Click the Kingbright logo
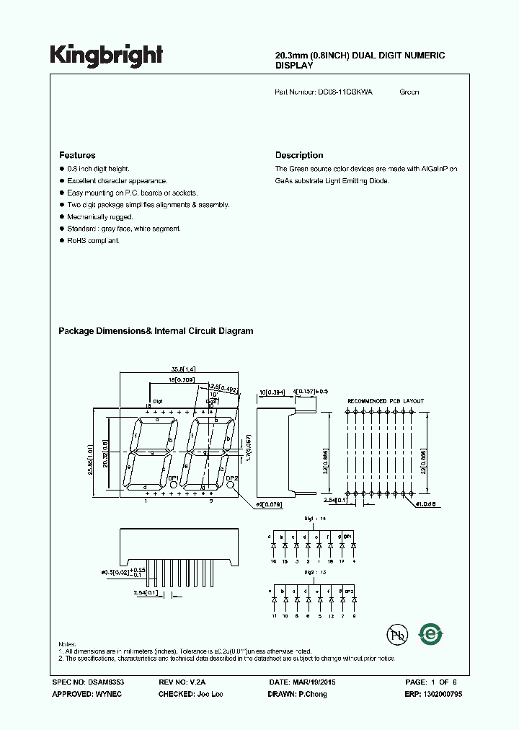(106, 55)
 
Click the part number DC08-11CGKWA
(345, 92)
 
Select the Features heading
(77, 155)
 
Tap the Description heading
(299, 155)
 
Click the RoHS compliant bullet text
(94, 240)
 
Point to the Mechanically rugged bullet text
(99, 216)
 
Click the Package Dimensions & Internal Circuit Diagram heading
(156, 331)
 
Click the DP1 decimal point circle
(174, 486)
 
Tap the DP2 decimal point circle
(231, 486)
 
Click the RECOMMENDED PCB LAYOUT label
(386, 401)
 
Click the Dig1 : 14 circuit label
(308, 519)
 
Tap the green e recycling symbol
(431, 634)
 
